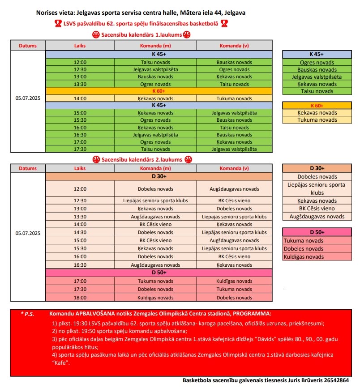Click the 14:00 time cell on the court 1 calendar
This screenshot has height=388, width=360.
pos(80,98)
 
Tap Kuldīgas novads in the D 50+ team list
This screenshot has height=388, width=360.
pos(303,257)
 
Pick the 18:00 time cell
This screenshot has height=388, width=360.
pos(80,298)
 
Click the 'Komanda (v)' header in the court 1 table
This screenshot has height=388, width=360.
pos(234,46)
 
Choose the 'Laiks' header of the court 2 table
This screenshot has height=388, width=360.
pos(80,168)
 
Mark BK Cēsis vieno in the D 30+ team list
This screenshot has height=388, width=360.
pos(317,209)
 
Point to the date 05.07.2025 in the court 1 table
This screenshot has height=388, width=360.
pos(28,98)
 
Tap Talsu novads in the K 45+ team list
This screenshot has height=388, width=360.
pos(317,91)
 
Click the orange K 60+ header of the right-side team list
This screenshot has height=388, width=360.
pos(317,106)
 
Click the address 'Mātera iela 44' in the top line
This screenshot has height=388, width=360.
pos(201,13)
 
